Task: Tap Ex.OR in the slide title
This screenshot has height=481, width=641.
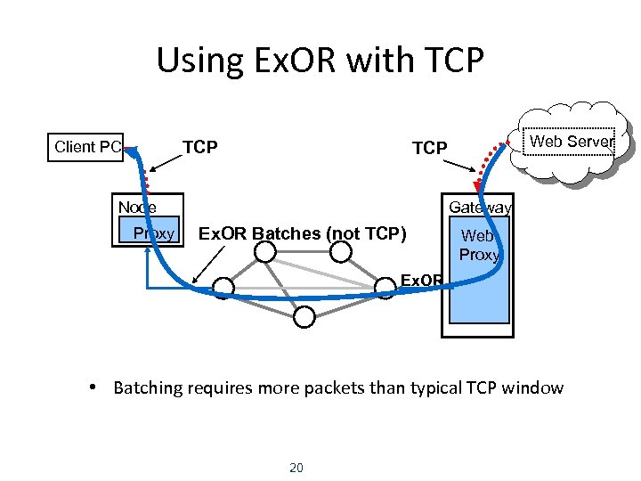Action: click(280, 61)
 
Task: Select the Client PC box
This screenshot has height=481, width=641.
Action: click(86, 147)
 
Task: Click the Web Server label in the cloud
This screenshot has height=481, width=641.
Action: click(571, 142)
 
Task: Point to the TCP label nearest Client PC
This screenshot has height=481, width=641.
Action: click(199, 147)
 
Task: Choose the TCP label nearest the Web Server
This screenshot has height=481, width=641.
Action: click(429, 148)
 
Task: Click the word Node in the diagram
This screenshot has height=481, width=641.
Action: click(137, 207)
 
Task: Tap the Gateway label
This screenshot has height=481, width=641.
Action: click(480, 208)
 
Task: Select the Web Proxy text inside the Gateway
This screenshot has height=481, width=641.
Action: click(479, 245)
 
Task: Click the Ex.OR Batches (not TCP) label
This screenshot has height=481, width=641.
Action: click(302, 234)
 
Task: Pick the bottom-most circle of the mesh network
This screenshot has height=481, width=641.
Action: click(304, 316)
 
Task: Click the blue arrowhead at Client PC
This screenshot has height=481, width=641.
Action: click(133, 154)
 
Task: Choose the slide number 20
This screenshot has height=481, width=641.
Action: click(297, 467)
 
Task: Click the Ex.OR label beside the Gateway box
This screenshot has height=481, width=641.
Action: click(421, 281)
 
